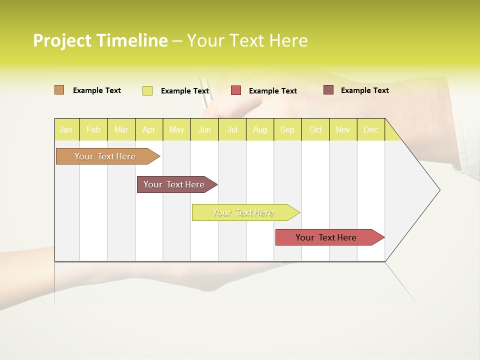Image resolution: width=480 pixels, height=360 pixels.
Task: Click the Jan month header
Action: coord(66,129)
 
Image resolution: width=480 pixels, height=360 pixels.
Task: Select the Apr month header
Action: coord(149,129)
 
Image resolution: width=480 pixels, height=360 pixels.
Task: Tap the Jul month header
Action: coord(232,129)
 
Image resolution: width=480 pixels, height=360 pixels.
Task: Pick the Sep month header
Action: coord(287,129)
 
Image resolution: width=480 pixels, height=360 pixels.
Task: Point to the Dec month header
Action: coord(370,129)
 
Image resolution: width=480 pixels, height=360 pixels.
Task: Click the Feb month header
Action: coord(93,129)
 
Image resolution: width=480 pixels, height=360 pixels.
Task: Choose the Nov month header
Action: coord(343,129)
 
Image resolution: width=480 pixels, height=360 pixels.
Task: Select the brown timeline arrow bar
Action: coord(175,184)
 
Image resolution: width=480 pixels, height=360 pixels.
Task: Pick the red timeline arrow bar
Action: coord(327,237)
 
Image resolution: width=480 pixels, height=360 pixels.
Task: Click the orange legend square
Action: coord(59,90)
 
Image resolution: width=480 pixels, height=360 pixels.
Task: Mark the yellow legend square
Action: coord(147,90)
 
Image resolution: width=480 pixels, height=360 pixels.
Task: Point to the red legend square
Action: coord(236,90)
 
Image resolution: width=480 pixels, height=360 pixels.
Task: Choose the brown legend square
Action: coord(328,90)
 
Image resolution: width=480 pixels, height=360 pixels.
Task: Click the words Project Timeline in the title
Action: coord(100,40)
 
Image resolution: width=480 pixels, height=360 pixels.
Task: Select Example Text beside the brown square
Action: coord(365,90)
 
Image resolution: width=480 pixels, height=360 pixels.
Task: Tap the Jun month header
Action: coord(204,129)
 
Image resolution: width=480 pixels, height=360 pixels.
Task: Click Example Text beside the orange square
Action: coord(97,90)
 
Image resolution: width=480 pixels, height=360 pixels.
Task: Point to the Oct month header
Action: coord(315,129)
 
